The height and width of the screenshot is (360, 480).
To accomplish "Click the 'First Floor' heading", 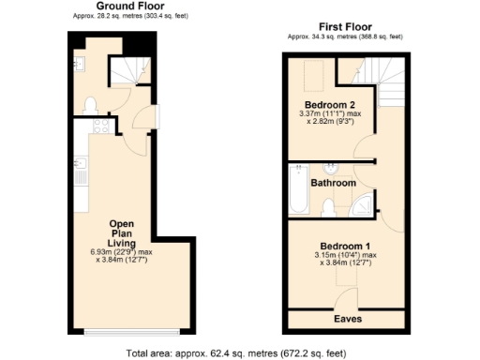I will (x=345, y=28).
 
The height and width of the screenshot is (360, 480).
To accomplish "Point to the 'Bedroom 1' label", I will (x=343, y=245).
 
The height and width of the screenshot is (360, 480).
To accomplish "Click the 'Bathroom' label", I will (x=333, y=184).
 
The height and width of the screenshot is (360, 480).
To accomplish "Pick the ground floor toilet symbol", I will (x=91, y=104).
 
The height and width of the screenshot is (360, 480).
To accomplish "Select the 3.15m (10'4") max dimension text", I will (x=344, y=254).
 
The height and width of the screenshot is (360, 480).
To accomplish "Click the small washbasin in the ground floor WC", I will (x=75, y=63).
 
